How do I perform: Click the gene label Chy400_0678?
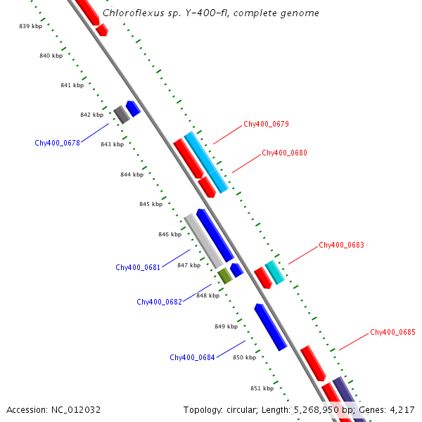pyautogui.click(x=57, y=143)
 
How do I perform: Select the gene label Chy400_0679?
pyautogui.click(x=266, y=124)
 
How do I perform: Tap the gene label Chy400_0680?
pyautogui.click(x=284, y=153)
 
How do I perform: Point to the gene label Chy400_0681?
pyautogui.click(x=138, y=267)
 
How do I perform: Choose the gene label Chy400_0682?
pyautogui.click(x=159, y=302)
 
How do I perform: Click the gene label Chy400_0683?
pyautogui.click(x=341, y=245)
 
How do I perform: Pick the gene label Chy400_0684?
pyautogui.click(x=192, y=357)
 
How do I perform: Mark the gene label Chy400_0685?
pyautogui.click(x=392, y=332)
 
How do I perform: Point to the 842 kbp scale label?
pyautogui.click(x=91, y=115)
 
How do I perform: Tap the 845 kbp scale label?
pyautogui.click(x=151, y=204)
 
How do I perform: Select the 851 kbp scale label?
pyautogui.click(x=262, y=388)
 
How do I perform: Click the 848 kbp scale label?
pyautogui.click(x=207, y=295)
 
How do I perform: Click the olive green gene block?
pyautogui.click(x=225, y=275)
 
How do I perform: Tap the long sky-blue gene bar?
pyautogui.click(x=206, y=162)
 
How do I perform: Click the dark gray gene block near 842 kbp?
pyautogui.click(x=122, y=114)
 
